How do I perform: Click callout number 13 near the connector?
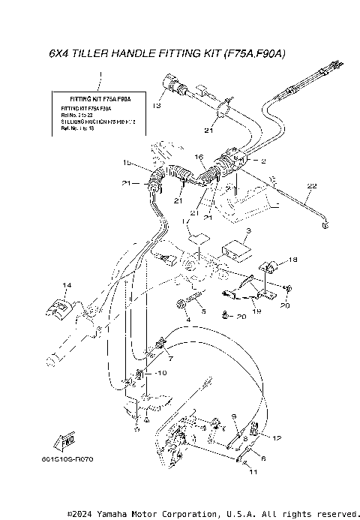coord(157,106)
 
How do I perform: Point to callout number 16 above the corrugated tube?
coord(199,157)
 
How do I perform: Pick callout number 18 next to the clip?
coord(292,259)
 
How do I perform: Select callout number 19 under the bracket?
coord(256,310)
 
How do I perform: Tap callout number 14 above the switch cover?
coord(66,286)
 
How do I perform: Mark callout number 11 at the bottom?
coord(252,472)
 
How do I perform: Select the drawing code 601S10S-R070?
coord(68,458)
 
